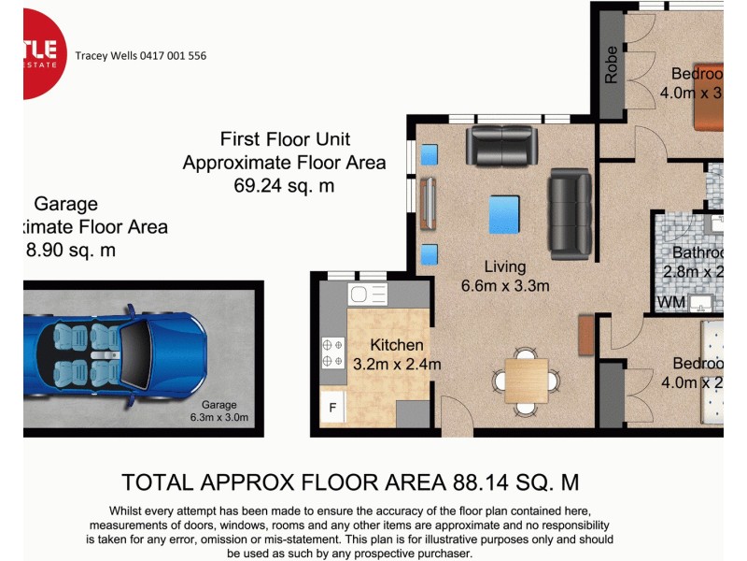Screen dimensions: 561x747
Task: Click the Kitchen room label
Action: pyautogui.click(x=396, y=345)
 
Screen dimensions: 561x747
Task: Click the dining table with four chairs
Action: pyautogui.click(x=527, y=380)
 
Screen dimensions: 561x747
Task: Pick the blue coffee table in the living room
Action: pyautogui.click(x=503, y=213)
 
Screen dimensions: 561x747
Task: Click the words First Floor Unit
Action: pyautogui.click(x=285, y=139)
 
